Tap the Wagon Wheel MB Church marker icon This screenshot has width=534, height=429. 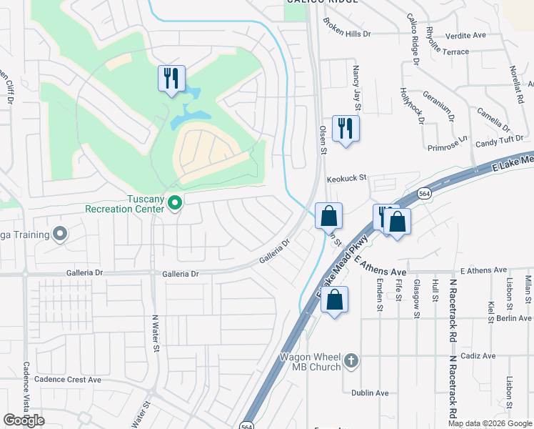click(351, 361)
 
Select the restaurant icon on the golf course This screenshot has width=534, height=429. click(171, 79)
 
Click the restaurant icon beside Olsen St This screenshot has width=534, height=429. click(346, 129)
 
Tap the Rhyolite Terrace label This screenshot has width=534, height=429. click(447, 51)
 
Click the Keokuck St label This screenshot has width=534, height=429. click(346, 177)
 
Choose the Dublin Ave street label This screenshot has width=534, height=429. click(370, 393)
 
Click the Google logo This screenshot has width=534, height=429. click(24, 420)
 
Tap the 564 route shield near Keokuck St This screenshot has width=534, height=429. click(424, 193)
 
